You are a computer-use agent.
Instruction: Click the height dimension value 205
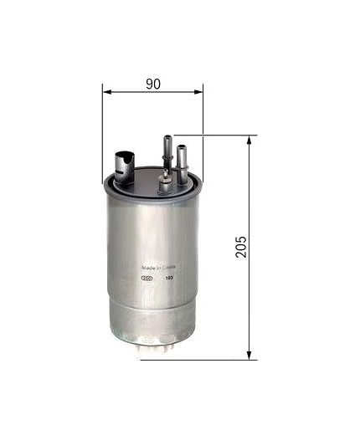pyautogui.click(x=241, y=246)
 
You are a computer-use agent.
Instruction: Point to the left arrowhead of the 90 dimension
pyautogui.click(x=107, y=94)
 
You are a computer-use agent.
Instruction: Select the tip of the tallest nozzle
pyautogui.click(x=167, y=137)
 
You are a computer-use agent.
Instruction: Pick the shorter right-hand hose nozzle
pyautogui.click(x=182, y=159)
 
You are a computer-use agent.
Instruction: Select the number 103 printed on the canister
pyautogui.click(x=170, y=279)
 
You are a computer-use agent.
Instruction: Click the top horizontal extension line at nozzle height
pyautogui.click(x=218, y=134)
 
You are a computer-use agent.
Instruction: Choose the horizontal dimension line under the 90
pyautogui.click(x=134, y=94)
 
